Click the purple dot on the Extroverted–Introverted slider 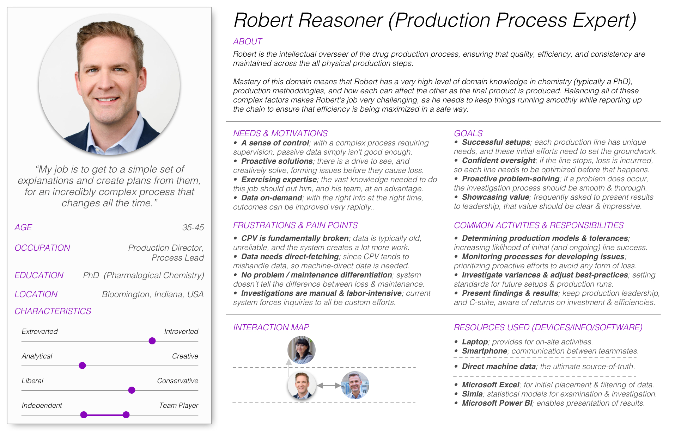(152, 341)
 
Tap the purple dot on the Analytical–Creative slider (82, 366)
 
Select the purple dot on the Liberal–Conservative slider (132, 390)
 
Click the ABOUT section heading (247, 42)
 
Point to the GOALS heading (468, 133)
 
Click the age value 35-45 (193, 227)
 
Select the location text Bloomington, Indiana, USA (153, 294)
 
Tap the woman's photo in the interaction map (301, 350)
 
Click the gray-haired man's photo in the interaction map (355, 385)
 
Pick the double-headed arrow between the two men (329, 386)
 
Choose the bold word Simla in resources (472, 394)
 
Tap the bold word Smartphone (485, 351)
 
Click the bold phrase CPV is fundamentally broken (295, 238)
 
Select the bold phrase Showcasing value (495, 197)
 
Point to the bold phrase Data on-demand (272, 198)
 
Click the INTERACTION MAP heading (271, 327)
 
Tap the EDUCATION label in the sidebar (39, 275)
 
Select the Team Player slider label (178, 405)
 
